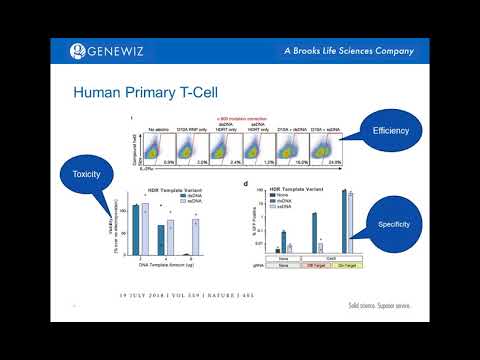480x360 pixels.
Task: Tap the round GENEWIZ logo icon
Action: [77, 51]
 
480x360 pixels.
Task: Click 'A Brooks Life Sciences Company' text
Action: [332, 51]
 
